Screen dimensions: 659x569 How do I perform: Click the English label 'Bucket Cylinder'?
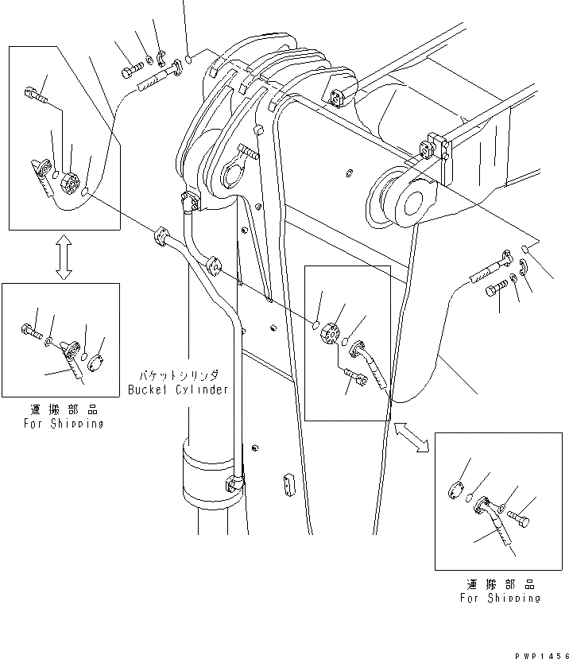coord(177,390)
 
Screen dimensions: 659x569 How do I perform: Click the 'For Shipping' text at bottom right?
coord(501,598)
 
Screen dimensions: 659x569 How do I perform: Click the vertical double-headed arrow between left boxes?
coord(64,257)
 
